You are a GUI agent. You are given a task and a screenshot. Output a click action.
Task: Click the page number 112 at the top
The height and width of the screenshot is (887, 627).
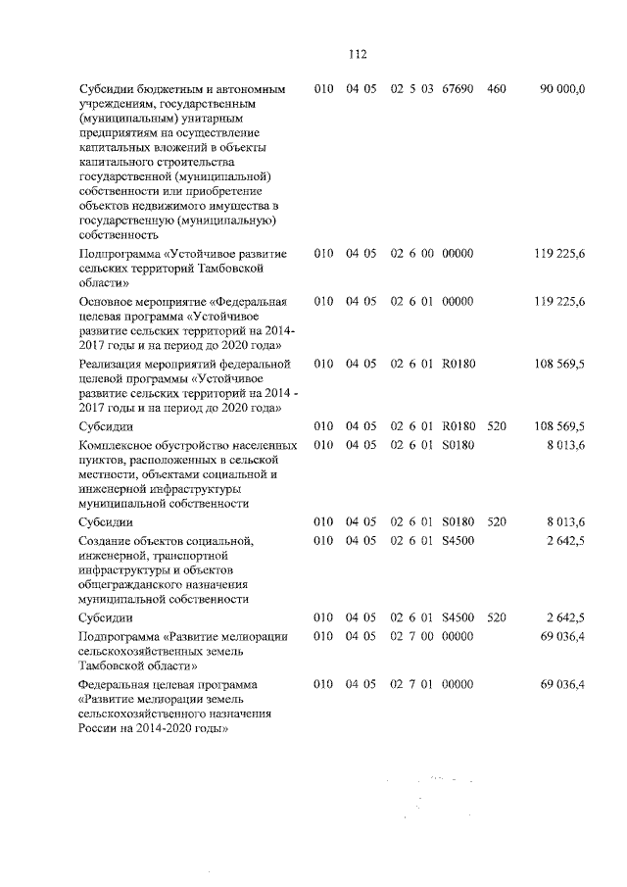click(x=356, y=54)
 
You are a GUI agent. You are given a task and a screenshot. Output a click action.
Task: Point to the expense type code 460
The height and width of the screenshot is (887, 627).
click(x=496, y=89)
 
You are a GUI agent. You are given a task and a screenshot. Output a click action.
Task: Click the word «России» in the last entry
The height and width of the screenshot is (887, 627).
click(x=101, y=729)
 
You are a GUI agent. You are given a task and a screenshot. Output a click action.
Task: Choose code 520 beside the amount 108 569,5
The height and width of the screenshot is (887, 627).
click(x=496, y=426)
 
